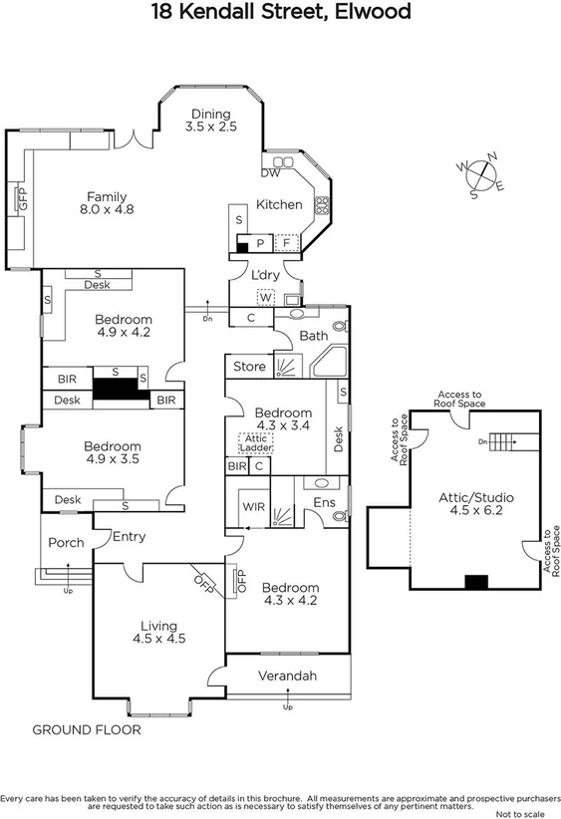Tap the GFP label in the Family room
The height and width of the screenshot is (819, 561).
22,199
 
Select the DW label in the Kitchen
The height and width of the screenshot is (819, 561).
270,173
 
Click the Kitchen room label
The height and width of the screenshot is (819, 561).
279,204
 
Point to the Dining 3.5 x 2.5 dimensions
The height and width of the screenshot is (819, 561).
210,128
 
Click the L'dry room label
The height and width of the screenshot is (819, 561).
265,275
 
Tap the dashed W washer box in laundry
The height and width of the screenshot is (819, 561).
265,297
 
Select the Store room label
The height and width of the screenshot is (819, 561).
249,367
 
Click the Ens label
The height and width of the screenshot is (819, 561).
324,502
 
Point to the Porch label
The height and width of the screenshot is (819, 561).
66,543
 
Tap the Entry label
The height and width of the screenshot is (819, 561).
129,537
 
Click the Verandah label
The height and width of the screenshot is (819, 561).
287,677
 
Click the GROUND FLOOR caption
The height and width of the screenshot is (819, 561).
87,730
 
